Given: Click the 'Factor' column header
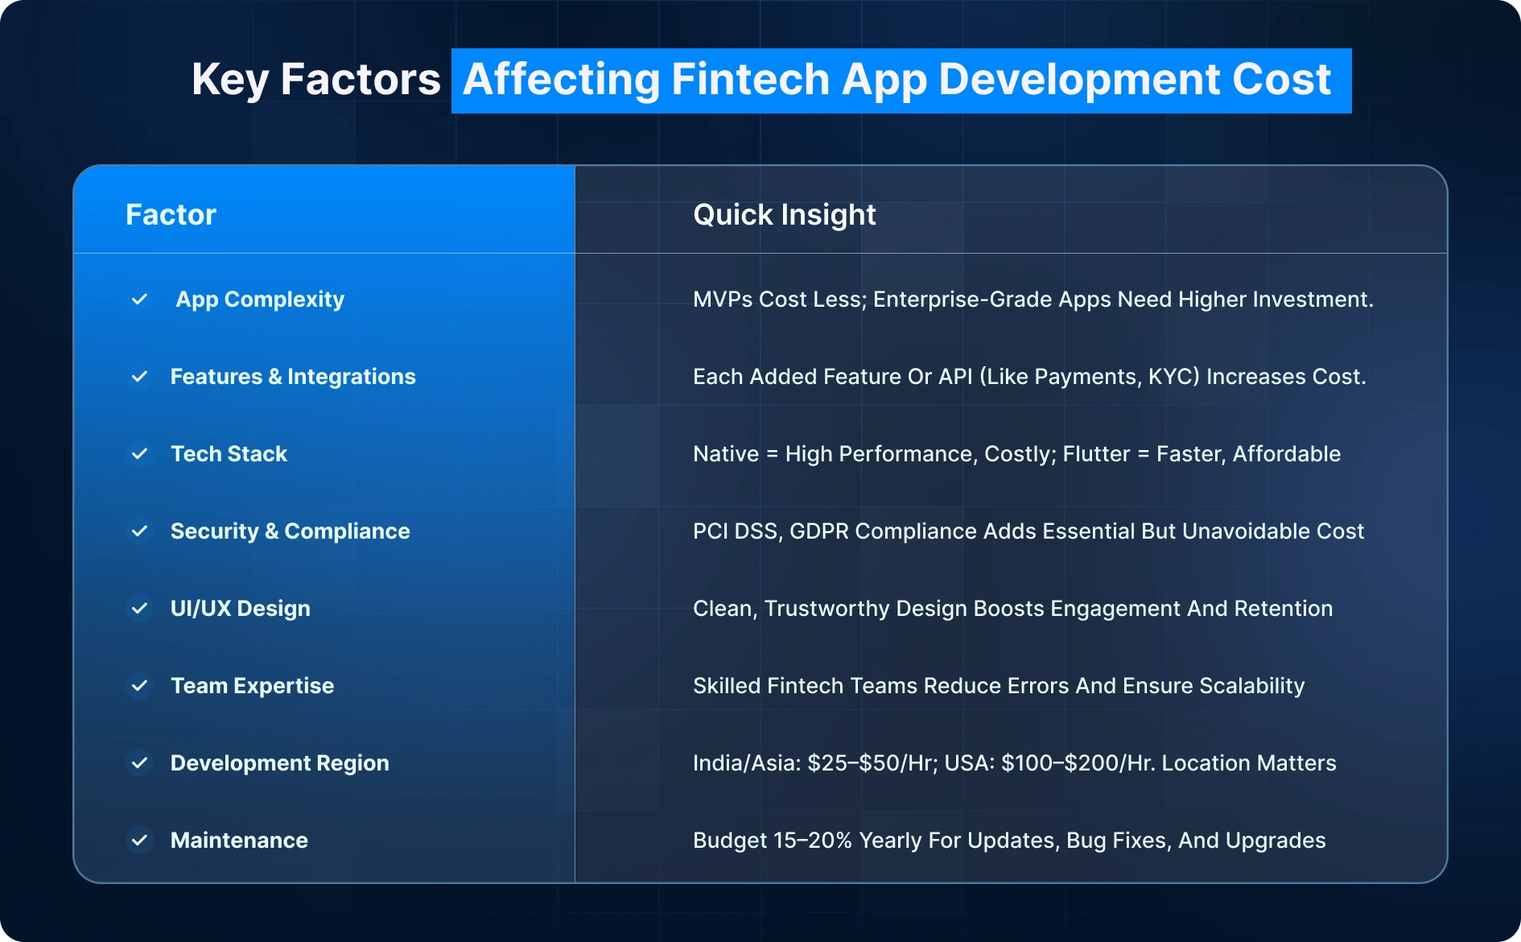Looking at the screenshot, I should tap(171, 215).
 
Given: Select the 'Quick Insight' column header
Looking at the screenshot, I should tap(784, 215).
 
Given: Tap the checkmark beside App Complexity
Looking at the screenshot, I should tap(139, 300).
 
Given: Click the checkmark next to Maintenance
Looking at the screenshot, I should tap(139, 841).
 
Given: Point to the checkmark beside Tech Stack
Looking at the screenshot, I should tap(139, 454).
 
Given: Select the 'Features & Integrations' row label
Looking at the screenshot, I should tap(293, 377).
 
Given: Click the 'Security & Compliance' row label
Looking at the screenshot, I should tap(290, 531).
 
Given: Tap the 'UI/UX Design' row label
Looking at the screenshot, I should tap(240, 609).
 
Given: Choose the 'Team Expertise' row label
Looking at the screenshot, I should tap(252, 686).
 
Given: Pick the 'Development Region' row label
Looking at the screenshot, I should tap(279, 763).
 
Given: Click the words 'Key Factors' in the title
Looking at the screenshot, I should tap(315, 80).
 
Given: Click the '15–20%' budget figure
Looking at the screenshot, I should tap(812, 841).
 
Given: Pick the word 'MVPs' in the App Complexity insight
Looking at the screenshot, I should tap(723, 300).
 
